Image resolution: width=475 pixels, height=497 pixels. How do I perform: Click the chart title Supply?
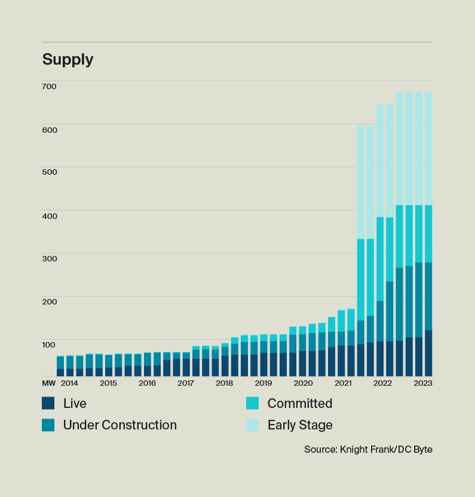68,60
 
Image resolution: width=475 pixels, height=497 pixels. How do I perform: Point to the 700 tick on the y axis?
49,86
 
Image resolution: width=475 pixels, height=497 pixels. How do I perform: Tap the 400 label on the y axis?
49,215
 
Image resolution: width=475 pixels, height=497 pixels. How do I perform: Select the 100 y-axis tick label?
49,344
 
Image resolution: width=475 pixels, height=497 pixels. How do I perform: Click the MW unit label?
48,383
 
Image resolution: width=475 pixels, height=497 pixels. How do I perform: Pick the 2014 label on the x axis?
69,383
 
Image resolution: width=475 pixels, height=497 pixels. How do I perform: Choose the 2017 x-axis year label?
186,383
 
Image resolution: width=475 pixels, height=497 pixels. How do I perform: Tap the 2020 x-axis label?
303,383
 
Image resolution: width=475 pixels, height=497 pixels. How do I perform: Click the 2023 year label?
423,383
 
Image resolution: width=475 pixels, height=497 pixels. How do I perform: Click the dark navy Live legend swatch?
48,403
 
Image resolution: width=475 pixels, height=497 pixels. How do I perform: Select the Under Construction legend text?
119,425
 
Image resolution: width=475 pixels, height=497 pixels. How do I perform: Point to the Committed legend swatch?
252,403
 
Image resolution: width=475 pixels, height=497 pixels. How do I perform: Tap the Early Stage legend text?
300,425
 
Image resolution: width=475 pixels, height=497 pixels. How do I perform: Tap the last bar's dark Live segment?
428,353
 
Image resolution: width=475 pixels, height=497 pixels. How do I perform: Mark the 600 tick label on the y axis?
49,129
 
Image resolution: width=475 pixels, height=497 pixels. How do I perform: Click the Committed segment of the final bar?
428,234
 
